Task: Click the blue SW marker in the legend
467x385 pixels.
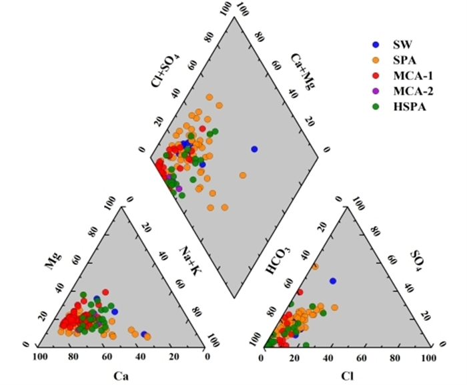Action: click(x=376, y=45)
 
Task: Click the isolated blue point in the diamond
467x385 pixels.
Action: click(x=254, y=149)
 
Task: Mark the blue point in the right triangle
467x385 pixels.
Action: click(x=333, y=281)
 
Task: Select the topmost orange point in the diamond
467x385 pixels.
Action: click(x=209, y=97)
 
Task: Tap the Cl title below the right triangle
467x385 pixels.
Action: click(x=347, y=376)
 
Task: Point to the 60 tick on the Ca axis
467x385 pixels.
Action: click(x=107, y=358)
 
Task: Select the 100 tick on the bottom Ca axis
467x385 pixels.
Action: click(x=40, y=358)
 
